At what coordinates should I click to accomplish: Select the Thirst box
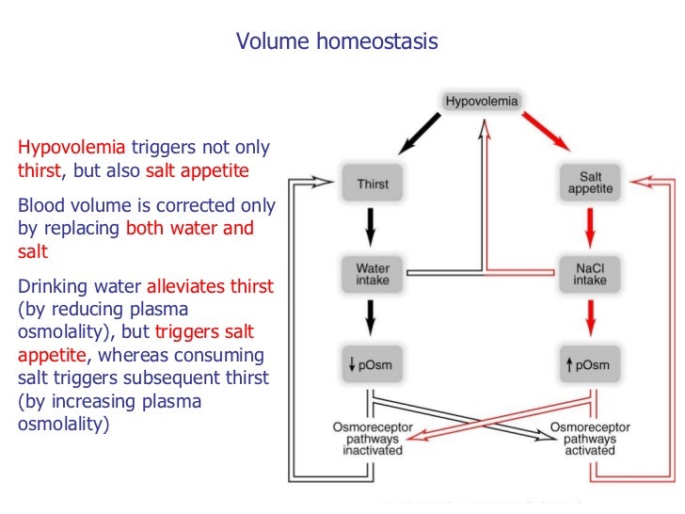(x=373, y=185)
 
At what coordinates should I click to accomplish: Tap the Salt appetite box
(x=590, y=183)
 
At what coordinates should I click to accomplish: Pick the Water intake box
(x=373, y=274)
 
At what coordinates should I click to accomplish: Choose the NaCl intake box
(x=590, y=274)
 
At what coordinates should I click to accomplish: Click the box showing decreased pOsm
(x=373, y=364)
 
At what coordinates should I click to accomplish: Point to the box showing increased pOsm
(x=590, y=364)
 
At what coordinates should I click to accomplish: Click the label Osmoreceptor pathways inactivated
(x=373, y=438)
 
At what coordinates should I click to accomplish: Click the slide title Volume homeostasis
(x=337, y=42)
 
